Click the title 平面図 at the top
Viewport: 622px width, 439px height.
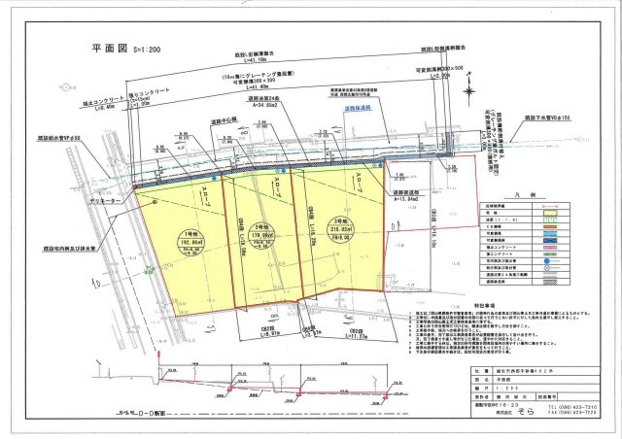109,49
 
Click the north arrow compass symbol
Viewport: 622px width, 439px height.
471,93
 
